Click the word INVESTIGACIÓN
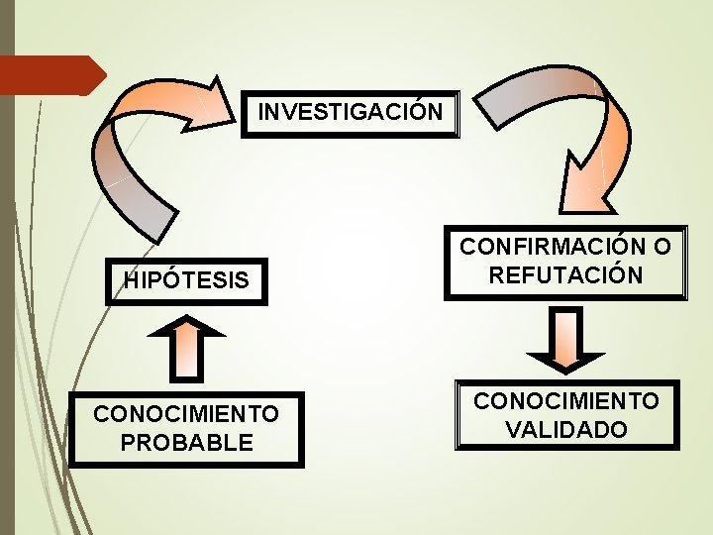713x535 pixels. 351,111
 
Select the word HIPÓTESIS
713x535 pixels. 186,281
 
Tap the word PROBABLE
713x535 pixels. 186,442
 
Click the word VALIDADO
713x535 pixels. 565,430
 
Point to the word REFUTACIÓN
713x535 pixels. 565,274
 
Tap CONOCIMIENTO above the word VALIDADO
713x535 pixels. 565,401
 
